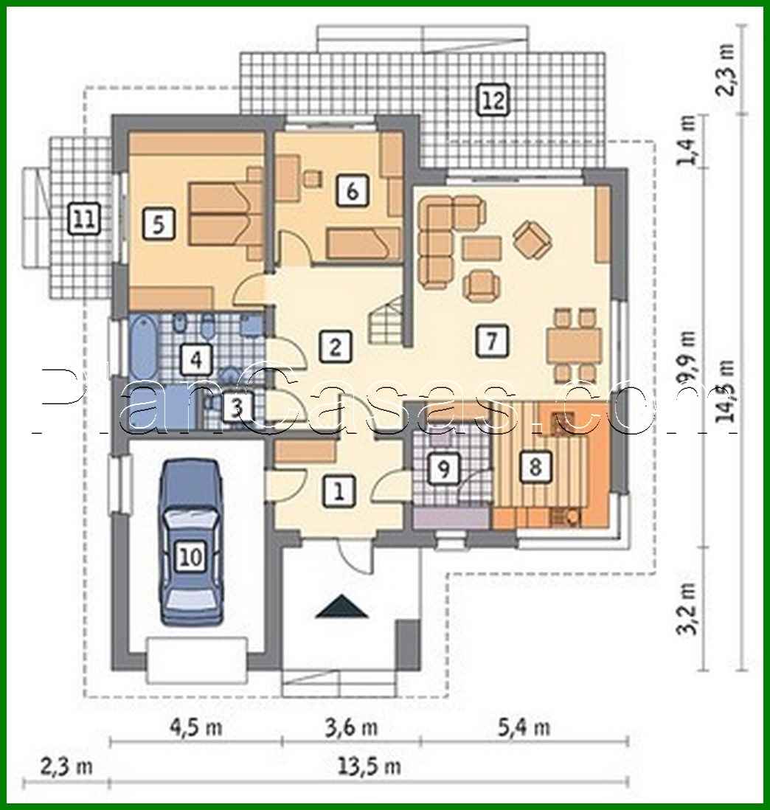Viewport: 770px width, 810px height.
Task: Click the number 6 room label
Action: coord(352,191)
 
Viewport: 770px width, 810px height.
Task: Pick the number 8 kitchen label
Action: coord(535,466)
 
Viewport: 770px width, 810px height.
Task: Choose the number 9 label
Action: coord(443,468)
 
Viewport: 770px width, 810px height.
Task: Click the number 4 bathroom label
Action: coord(195,360)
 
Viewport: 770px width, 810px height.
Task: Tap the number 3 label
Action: coord(235,406)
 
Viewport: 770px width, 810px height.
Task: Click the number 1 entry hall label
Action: coord(339,491)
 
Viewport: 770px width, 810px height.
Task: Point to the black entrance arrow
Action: coord(340,606)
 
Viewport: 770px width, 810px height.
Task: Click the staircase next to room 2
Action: coord(387,324)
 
